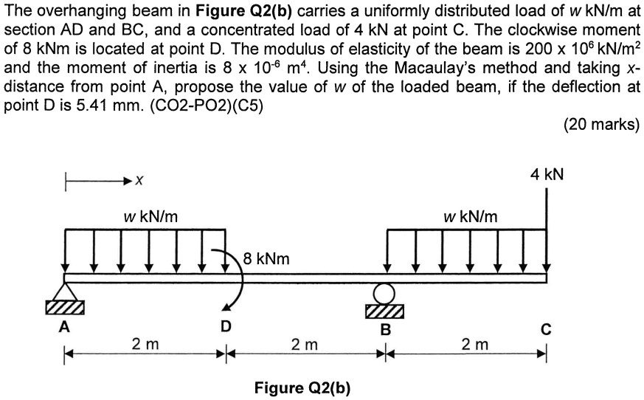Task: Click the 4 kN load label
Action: point(547,175)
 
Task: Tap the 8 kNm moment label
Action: point(266,259)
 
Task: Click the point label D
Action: point(226,325)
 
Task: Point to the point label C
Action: point(547,329)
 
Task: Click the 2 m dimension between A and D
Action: point(144,344)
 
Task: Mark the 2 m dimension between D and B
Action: point(305,344)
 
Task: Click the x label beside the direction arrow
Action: point(139,180)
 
